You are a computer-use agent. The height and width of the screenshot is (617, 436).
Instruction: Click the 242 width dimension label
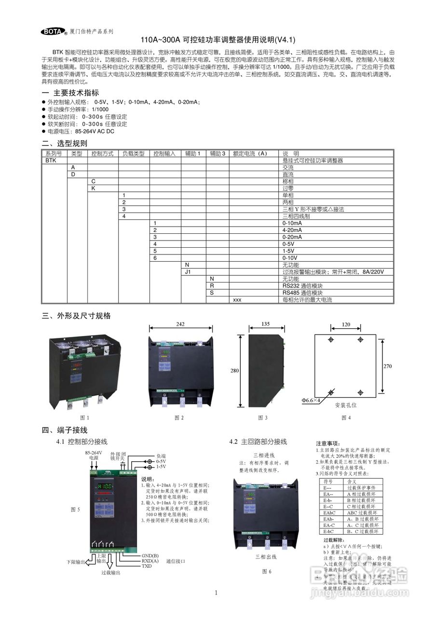(x=180, y=324)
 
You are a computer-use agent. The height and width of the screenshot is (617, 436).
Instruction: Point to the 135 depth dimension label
(x=265, y=324)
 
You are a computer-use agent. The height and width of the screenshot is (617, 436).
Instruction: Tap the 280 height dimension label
(x=234, y=371)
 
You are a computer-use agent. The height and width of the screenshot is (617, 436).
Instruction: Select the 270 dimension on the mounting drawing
(x=387, y=366)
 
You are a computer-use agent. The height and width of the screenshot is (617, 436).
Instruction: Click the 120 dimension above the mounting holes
(x=345, y=324)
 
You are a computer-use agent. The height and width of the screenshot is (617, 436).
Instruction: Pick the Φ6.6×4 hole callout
(x=311, y=400)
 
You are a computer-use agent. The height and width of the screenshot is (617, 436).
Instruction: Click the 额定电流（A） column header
(x=250, y=153)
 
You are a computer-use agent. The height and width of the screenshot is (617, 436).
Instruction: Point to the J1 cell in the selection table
(x=189, y=272)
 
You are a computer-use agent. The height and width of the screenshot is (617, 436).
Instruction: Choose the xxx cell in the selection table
(x=237, y=300)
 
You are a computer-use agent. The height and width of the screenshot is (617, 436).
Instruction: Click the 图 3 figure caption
(x=262, y=417)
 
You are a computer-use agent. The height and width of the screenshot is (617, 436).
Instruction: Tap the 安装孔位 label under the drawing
(x=346, y=406)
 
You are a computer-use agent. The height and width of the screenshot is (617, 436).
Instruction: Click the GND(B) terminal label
(x=150, y=555)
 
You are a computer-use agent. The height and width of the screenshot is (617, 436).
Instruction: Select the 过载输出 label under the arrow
(x=110, y=573)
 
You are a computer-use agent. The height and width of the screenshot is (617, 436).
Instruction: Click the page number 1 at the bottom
(x=216, y=593)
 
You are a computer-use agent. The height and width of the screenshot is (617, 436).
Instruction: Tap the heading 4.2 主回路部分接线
(x=258, y=442)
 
